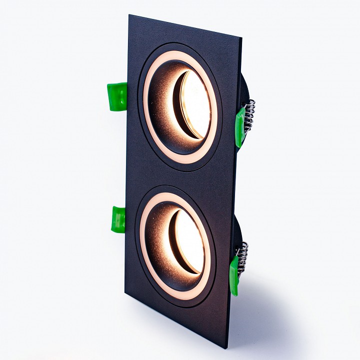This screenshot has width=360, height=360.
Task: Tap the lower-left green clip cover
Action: click(x=119, y=219)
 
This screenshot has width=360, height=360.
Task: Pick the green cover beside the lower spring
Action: click(x=234, y=274)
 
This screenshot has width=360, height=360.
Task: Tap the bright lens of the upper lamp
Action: click(x=196, y=105)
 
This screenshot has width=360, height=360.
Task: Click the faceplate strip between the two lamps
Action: click(x=180, y=177)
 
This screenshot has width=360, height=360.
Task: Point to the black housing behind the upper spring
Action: click(x=245, y=90)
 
